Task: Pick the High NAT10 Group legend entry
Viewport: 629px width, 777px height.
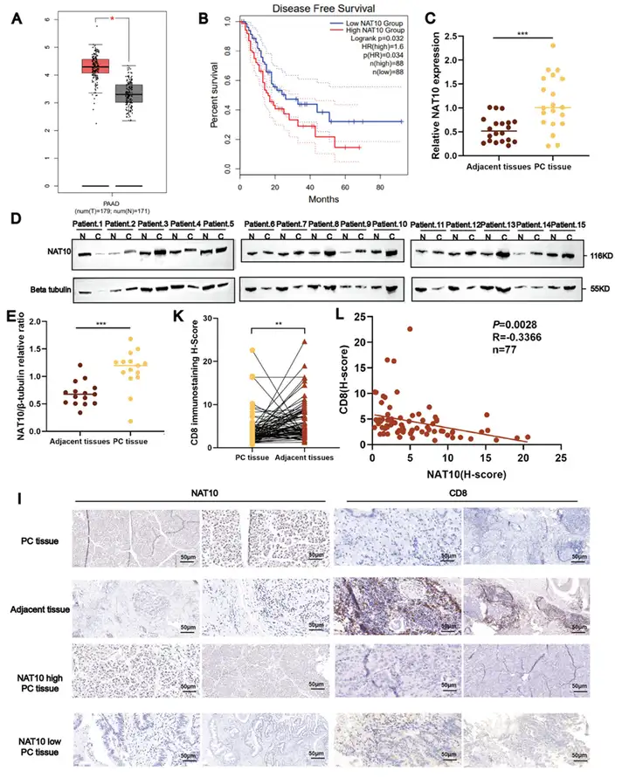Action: (363, 31)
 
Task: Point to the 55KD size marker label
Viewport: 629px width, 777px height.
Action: (600, 286)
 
